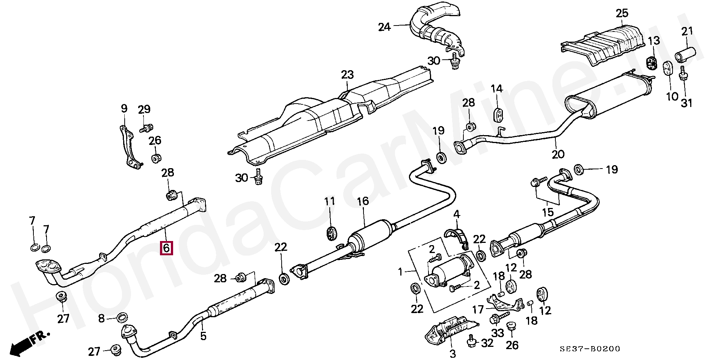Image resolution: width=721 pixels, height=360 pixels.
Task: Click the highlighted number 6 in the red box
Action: (167, 248)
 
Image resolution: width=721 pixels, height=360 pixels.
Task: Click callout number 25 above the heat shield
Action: (621, 14)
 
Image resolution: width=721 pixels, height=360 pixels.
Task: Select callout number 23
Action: (347, 75)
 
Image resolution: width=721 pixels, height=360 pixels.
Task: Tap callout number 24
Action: (384, 27)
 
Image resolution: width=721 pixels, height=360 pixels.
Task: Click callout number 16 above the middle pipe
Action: (363, 201)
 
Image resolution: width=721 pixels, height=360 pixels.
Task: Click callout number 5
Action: (203, 336)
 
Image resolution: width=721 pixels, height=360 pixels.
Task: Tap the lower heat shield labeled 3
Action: (449, 331)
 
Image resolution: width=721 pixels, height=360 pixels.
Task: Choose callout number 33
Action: (498, 333)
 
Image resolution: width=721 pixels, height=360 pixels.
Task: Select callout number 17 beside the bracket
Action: (478, 310)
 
